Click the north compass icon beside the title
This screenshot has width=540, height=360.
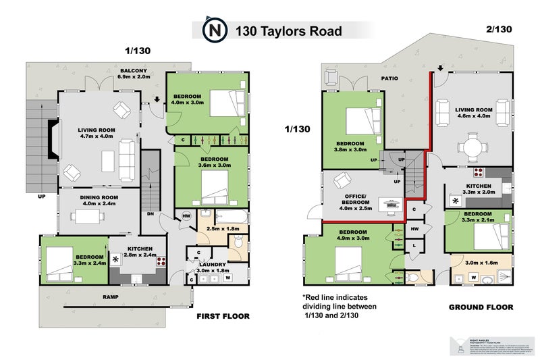tap(214, 30)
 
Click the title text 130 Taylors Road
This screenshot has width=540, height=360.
tap(288, 31)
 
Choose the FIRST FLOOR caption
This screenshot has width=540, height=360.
tap(223, 316)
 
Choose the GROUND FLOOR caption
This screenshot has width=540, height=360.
tap(477, 307)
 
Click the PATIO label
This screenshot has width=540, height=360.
tap(389, 78)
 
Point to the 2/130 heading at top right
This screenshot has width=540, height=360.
tap(498, 30)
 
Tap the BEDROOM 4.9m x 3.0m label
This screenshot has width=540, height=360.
tap(354, 234)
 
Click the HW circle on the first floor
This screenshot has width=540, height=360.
tap(186, 215)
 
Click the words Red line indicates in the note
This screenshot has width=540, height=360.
tap(339, 296)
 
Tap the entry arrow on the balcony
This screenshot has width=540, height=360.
tap(157, 101)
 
